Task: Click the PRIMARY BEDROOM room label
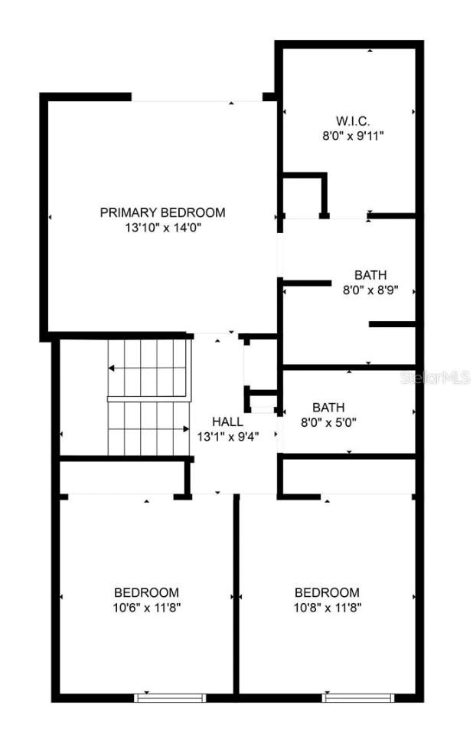[x=162, y=212]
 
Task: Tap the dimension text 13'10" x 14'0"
[x=162, y=228]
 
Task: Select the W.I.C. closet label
[x=352, y=121]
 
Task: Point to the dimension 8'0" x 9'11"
[x=352, y=136]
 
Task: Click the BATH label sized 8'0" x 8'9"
[x=370, y=275]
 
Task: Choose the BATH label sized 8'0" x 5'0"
[x=328, y=407]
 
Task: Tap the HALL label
[x=227, y=421]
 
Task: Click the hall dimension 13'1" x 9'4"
[x=227, y=436]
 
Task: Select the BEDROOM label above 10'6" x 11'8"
[x=146, y=592]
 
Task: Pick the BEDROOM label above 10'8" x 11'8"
[x=327, y=592]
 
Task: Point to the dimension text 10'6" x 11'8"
[x=146, y=608]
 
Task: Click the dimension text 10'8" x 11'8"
[x=327, y=608]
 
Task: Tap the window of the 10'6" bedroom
[x=170, y=697]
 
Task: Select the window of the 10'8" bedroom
[x=357, y=697]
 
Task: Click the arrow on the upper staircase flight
[x=113, y=369]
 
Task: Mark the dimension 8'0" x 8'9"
[x=370, y=290]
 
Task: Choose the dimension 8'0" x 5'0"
[x=328, y=421]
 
